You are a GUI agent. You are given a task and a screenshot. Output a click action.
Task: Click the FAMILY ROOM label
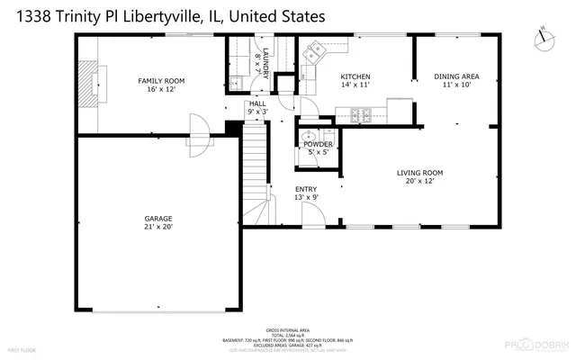point(156,81)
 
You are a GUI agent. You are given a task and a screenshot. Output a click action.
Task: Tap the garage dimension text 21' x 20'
point(158,227)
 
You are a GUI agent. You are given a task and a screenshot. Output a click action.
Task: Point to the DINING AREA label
point(456,77)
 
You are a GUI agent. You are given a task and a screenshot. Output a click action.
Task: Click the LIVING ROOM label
point(420,173)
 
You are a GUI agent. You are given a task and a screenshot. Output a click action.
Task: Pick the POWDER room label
point(318,144)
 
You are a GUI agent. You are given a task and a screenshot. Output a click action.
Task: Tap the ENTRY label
point(307,189)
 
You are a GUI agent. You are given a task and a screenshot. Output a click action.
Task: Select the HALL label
point(257,104)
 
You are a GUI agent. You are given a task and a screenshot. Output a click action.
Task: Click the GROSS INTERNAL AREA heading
point(286,330)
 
